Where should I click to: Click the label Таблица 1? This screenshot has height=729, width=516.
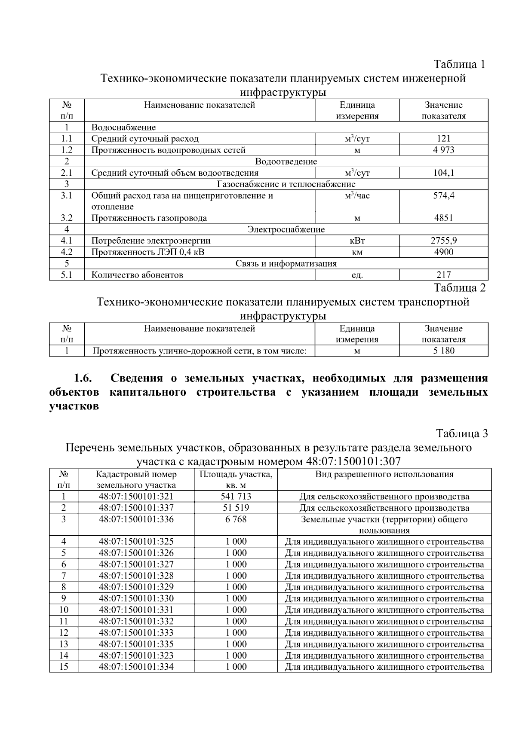pyautogui.click(x=459, y=64)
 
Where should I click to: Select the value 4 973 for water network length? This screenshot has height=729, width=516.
pyautogui.click(x=443, y=150)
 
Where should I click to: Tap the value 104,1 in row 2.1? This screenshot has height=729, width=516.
pyautogui.click(x=443, y=173)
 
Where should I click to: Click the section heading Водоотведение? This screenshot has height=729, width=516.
pyautogui.click(x=286, y=162)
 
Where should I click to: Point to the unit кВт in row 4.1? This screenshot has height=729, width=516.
pyautogui.click(x=357, y=241)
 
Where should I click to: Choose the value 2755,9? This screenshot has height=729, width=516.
pyautogui.click(x=443, y=241)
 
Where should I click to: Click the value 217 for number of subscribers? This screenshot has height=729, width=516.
pyautogui.click(x=443, y=275)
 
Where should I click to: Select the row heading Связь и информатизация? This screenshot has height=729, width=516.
pyautogui.click(x=286, y=263)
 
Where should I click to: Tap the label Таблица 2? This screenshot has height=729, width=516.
pyautogui.click(x=459, y=288)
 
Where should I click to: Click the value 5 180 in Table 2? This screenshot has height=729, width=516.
pyautogui.click(x=443, y=351)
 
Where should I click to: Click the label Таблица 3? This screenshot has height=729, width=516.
pyautogui.click(x=462, y=433)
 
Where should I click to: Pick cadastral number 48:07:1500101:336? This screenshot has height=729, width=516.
pyautogui.click(x=136, y=519)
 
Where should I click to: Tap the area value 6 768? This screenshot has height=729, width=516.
pyautogui.click(x=236, y=519)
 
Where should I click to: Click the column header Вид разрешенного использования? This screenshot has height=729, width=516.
pyautogui.click(x=384, y=474)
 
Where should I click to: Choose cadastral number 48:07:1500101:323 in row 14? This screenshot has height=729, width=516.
pyautogui.click(x=136, y=656)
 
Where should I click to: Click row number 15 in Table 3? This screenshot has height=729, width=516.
pyautogui.click(x=64, y=667)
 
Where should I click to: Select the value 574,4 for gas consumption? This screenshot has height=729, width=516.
pyautogui.click(x=443, y=195)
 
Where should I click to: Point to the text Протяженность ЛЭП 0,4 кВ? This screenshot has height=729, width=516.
pyautogui.click(x=148, y=252)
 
